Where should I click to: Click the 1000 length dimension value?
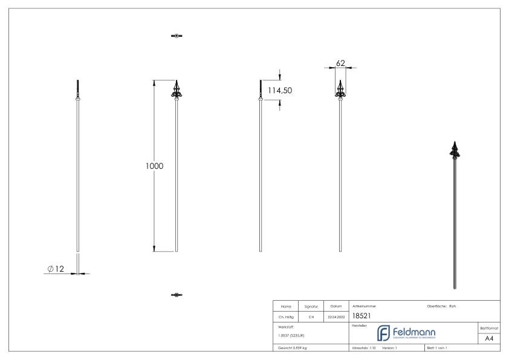pyautogui.click(x=154, y=166)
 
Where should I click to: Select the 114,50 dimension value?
pyautogui.click(x=280, y=90)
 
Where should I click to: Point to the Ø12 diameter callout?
pyautogui.click(x=55, y=269)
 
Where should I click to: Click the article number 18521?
pyautogui.click(x=361, y=316)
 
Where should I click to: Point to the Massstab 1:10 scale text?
pyautogui.click(x=364, y=349)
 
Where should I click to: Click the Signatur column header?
pyautogui.click(x=311, y=306)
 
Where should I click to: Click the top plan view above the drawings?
pyautogui.click(x=176, y=36)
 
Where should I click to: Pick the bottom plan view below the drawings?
pyautogui.click(x=176, y=295)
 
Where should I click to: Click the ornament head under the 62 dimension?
pyautogui.click(x=340, y=90)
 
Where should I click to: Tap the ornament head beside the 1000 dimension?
pyautogui.click(x=176, y=90)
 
